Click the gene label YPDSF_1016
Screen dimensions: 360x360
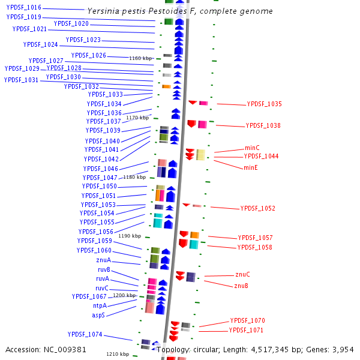[23, 7]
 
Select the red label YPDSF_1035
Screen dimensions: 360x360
[264, 104]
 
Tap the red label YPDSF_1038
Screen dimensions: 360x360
[263, 126]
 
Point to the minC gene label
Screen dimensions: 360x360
[252, 148]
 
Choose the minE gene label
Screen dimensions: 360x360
[250, 168]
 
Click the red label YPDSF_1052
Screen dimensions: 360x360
[258, 209]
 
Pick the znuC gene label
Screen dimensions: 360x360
[242, 275]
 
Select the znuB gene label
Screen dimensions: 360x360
[241, 286]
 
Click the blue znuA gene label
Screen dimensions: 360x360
[103, 260]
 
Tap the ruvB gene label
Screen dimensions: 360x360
[104, 270]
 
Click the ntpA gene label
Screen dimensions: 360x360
[100, 306]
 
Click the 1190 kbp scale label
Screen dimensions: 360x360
[130, 236]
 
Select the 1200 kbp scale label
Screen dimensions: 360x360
[125, 296]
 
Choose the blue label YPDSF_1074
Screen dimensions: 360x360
[85, 335]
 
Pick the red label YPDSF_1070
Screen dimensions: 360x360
[247, 321]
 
